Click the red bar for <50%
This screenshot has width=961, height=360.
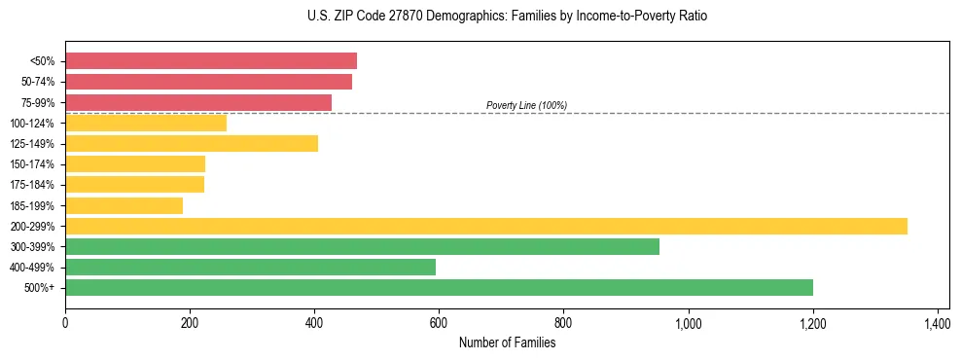coord(211,61)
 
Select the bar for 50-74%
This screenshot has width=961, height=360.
coord(208,82)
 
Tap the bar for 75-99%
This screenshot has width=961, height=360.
coord(198,102)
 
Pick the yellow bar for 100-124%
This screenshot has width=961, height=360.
coord(146,123)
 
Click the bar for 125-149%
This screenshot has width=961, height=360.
coord(192,144)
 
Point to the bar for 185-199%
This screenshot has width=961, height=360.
coord(124,205)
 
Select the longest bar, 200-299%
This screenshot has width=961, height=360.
coord(486,226)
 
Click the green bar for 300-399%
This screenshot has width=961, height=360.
coord(362,246)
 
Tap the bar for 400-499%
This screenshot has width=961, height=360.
coord(250,267)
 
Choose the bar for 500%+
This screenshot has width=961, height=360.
coord(439,287)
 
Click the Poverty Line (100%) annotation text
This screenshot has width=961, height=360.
coord(526,105)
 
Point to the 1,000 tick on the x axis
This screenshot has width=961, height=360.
coord(688,322)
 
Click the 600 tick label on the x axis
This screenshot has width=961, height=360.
coord(439,322)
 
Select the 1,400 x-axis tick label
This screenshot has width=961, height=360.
coord(937,322)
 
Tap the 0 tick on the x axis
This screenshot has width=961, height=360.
coord(65,322)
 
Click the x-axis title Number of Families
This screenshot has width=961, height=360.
coord(507,342)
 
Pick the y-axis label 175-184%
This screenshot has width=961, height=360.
coord(32,185)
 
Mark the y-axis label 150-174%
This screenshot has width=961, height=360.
coord(32,164)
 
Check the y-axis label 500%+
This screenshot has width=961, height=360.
coord(39,288)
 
